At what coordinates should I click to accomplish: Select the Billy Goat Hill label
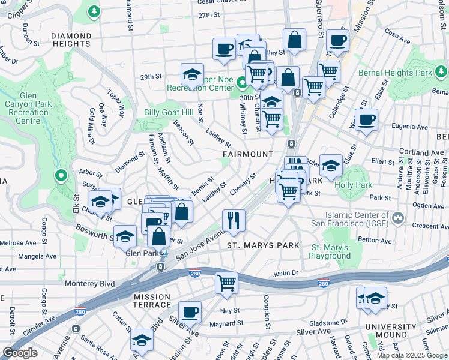point(169,113)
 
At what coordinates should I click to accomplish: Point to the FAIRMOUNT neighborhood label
point(248,154)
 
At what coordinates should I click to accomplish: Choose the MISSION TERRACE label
point(152,301)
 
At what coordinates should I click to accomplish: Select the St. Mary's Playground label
point(330,252)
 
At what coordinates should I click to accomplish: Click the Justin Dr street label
point(285,273)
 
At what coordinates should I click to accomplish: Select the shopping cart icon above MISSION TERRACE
point(226,282)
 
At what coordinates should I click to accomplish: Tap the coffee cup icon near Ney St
point(190,311)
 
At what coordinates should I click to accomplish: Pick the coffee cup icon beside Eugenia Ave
point(366,119)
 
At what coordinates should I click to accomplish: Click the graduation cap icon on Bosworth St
point(125,236)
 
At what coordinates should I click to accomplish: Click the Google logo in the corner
point(20,353)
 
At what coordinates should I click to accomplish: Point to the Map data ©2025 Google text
point(412,355)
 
